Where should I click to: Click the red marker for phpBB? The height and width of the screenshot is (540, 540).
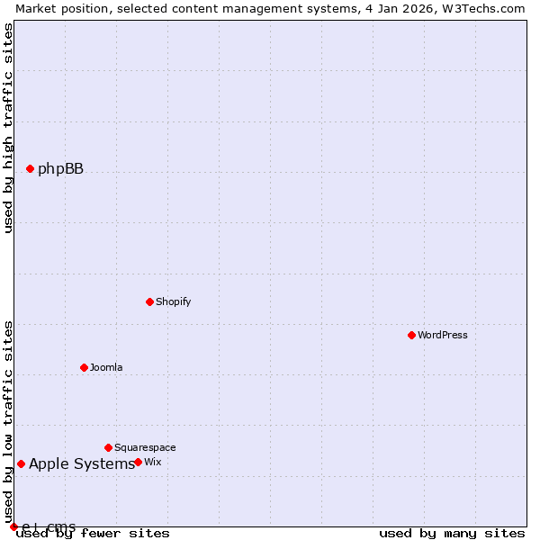click(30, 168)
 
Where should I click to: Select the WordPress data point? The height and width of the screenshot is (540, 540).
click(411, 335)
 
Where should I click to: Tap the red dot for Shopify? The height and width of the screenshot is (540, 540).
click(149, 301)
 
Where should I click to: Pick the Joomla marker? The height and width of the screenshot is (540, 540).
click(84, 367)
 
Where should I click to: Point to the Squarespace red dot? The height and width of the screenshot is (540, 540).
click(108, 447)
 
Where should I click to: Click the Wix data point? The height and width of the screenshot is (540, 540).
click(138, 462)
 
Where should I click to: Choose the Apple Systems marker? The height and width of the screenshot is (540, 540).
click(21, 463)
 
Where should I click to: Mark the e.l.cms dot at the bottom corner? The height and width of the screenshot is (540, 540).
click(13, 526)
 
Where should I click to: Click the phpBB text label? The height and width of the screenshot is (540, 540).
click(60, 168)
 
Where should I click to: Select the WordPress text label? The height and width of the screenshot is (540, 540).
click(442, 335)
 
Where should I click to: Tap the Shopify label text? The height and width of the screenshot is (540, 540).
click(173, 301)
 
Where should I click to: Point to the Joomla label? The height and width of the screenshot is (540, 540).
click(106, 367)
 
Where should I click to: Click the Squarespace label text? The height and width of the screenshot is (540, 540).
click(145, 447)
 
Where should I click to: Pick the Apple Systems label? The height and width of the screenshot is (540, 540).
click(81, 463)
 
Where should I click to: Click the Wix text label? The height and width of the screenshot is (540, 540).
click(153, 462)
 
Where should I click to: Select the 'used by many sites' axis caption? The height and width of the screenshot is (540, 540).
click(452, 534)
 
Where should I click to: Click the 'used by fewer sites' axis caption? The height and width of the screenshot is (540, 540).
click(94, 534)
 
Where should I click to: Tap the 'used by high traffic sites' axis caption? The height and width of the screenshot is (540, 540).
click(8, 128)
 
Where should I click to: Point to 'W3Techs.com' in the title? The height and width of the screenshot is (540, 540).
click(481, 8)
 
